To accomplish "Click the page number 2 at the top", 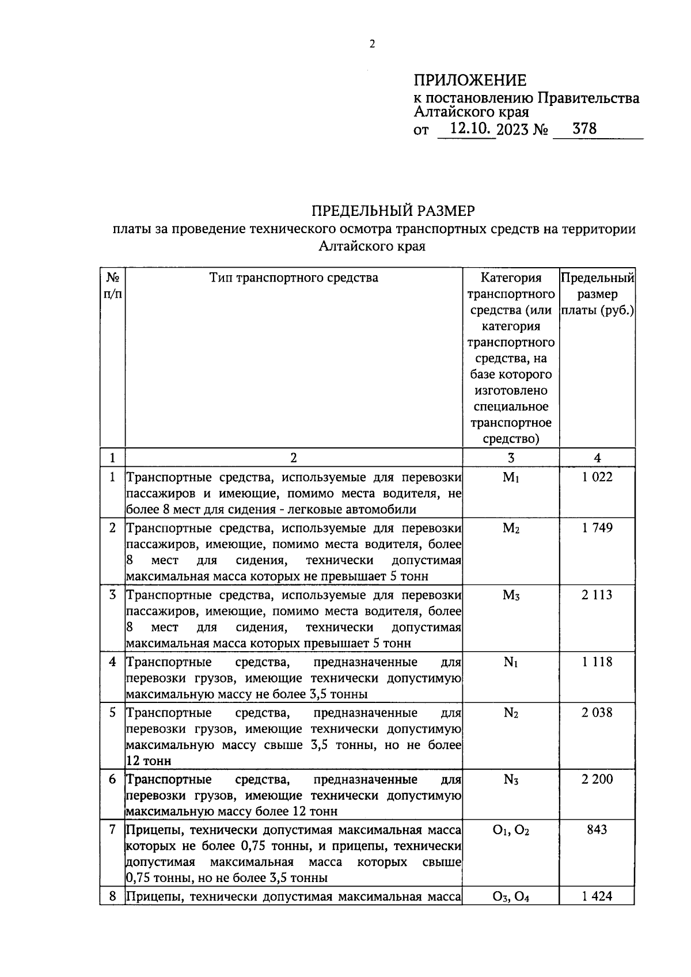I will click(x=372, y=44).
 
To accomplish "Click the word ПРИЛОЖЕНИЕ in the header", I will click(x=469, y=80).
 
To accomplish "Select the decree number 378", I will click(x=584, y=128).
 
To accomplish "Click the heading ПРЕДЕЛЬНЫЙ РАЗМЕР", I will click(x=393, y=210).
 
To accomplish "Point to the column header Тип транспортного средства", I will click(x=294, y=278).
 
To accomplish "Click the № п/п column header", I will click(x=112, y=286).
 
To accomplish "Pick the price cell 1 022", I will click(x=597, y=477).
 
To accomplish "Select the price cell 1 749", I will click(x=597, y=528).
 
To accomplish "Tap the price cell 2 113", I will click(x=597, y=595).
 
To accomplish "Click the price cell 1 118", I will click(x=597, y=662).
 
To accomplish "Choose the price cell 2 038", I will click(x=597, y=713).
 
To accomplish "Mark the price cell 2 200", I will click(x=597, y=780).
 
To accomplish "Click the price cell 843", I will click(x=597, y=830).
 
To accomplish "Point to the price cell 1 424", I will click(x=597, y=896).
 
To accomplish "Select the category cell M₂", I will click(x=511, y=529).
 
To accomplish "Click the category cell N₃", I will click(x=511, y=780).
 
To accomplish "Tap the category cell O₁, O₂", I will click(x=511, y=831).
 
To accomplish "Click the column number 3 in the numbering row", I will click(x=511, y=458).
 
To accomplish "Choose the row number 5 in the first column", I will click(x=112, y=713).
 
